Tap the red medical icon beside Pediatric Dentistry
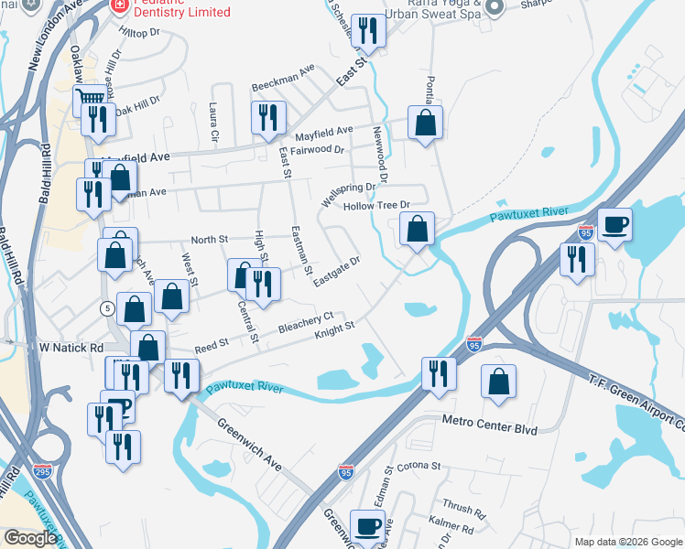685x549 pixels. (x=118, y=6)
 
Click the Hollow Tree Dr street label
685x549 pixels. (x=374, y=206)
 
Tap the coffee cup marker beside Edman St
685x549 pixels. (x=368, y=525)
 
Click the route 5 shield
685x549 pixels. (x=108, y=308)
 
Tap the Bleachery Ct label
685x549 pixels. (x=306, y=324)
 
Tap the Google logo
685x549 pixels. (x=30, y=538)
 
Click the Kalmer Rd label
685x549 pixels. (x=451, y=523)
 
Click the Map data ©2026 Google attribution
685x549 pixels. (x=627, y=542)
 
